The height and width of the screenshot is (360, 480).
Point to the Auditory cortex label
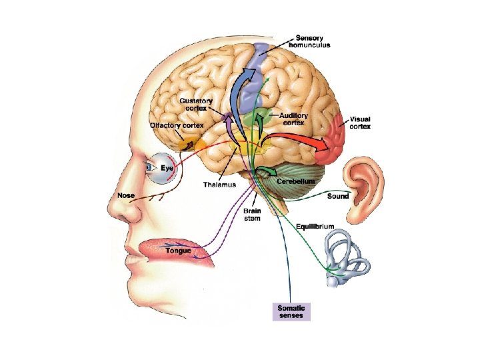[293, 119]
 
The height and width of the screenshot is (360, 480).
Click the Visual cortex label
[360, 122]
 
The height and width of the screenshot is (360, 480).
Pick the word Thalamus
[220, 184]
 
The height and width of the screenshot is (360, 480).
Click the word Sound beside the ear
[338, 196]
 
